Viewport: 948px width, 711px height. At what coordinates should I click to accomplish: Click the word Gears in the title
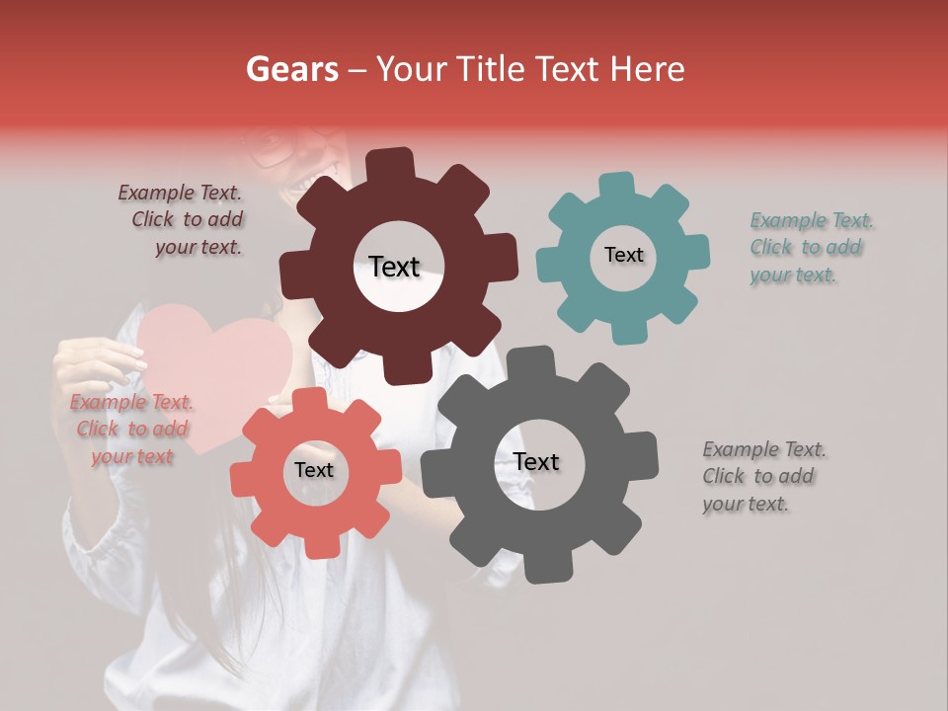[293, 69]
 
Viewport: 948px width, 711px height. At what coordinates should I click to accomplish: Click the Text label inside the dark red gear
[394, 267]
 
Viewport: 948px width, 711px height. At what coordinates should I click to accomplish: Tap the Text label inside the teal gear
[623, 255]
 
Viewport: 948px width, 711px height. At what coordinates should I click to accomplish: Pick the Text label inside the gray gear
[536, 462]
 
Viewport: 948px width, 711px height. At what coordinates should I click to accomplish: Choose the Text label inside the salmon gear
[314, 471]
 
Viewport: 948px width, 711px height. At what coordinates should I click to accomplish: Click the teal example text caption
[810, 248]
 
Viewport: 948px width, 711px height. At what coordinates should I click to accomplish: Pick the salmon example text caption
[130, 430]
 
